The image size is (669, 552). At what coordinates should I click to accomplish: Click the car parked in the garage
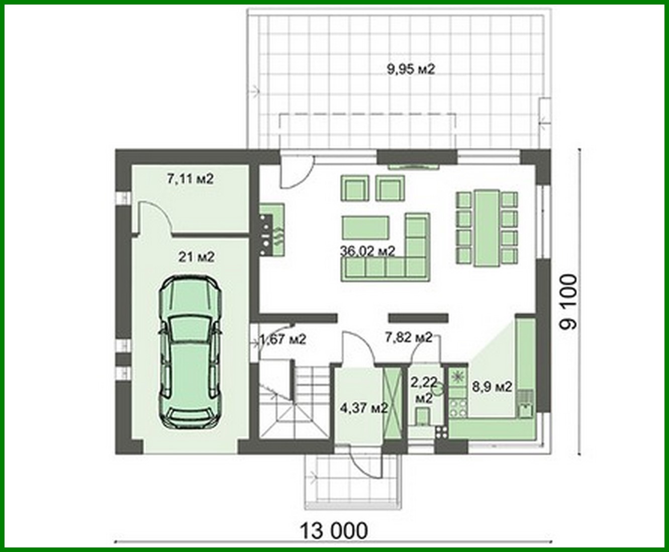(190, 352)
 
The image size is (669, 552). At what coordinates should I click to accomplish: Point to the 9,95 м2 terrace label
(410, 69)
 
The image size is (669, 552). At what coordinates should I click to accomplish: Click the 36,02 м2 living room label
(367, 251)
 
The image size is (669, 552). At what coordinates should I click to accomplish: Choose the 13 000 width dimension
(334, 530)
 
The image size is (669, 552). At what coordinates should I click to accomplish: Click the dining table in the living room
(486, 227)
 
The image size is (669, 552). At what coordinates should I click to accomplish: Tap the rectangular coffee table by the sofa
(366, 227)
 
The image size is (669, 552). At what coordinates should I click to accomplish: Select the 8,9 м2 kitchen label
(492, 387)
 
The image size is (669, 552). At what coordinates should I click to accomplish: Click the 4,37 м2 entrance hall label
(363, 408)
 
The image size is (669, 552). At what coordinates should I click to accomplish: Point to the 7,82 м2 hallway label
(408, 337)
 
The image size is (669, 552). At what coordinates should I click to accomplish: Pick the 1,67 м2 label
(282, 339)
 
